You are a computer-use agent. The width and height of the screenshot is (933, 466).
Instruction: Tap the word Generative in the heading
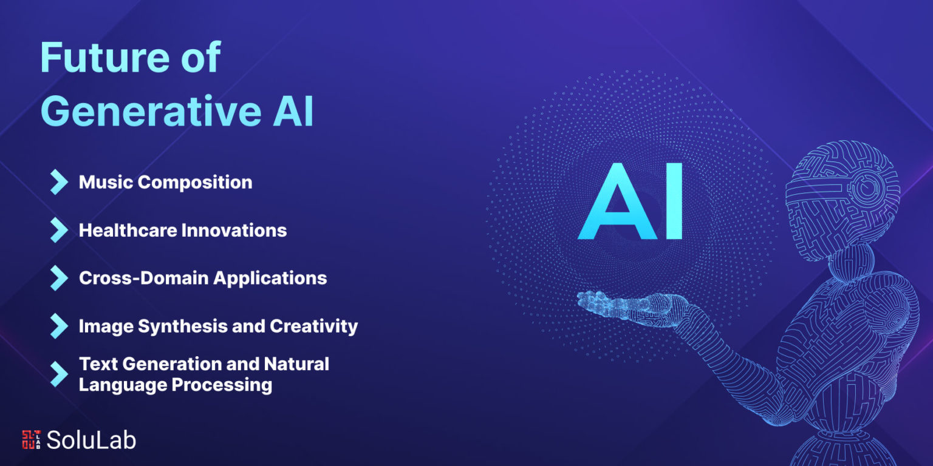[x=151, y=112]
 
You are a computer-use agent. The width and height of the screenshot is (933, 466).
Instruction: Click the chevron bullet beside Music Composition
[x=59, y=182]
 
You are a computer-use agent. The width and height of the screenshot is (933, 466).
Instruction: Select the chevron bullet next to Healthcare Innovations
[x=59, y=230]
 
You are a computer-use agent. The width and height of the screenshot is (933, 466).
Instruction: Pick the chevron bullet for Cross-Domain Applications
[x=59, y=278]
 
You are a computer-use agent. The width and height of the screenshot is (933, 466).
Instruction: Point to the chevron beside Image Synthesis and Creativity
[x=59, y=326]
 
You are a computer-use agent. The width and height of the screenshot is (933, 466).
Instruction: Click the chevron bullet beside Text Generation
[x=59, y=374]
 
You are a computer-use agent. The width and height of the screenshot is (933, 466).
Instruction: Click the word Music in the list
[x=106, y=182]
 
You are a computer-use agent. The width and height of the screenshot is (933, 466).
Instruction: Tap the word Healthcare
[x=127, y=230]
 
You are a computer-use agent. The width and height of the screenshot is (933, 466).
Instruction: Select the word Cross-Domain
[x=144, y=278]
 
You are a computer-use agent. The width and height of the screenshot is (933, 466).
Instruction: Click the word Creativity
[x=313, y=326]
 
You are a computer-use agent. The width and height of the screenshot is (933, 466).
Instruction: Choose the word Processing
[x=222, y=385]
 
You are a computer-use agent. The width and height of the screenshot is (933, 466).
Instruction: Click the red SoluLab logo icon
[x=31, y=440]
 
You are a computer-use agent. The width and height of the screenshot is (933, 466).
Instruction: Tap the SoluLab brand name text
[x=91, y=440]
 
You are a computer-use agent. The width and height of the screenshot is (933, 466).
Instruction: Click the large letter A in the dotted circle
[x=618, y=201]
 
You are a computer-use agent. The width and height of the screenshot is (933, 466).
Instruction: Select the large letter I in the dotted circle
[x=674, y=201]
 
